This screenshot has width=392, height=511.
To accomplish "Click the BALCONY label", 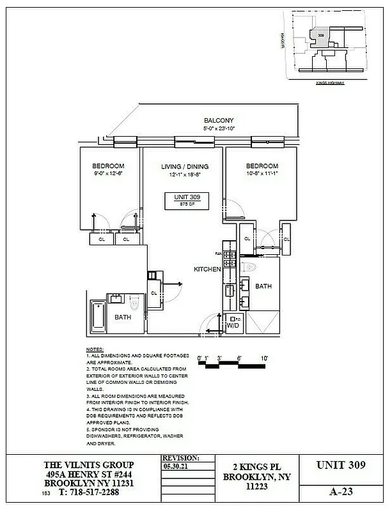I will [219, 121].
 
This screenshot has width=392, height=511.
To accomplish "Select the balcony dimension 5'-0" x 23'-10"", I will [219, 128].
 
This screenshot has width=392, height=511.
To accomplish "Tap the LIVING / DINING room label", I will [185, 167].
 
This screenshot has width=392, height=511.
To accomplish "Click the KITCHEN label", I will [207, 270].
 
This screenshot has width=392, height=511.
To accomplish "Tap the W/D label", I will [233, 325].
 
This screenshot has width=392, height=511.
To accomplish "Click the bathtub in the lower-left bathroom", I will [97, 316].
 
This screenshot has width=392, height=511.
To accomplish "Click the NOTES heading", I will [94, 350].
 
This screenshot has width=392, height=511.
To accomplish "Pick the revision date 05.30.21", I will [176, 467].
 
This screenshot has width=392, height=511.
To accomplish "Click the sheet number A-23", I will [341, 492].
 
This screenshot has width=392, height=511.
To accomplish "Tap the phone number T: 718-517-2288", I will [89, 492].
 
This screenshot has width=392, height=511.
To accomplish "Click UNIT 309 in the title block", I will [341, 466].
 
